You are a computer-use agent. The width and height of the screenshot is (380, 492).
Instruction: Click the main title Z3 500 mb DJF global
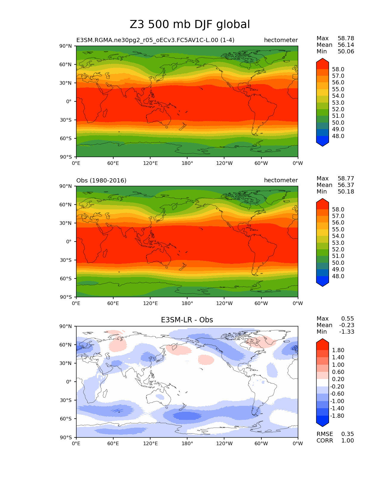pos(190,24)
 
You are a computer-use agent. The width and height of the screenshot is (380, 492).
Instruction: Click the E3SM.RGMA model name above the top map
pos(155,40)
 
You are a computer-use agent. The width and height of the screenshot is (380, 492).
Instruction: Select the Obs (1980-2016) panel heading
pos(101,180)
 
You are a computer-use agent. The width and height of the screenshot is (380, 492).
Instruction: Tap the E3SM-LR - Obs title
pos(187,320)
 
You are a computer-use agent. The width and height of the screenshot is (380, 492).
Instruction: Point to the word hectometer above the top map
pos(281,40)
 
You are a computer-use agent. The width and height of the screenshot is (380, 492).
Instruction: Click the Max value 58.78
pos(346,38)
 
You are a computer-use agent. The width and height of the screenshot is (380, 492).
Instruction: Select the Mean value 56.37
pos(346,185)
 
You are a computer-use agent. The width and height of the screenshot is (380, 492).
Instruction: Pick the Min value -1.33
pos(347,332)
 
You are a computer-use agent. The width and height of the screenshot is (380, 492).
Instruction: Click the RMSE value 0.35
pos(348,434)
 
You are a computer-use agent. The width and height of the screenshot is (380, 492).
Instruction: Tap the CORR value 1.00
pos(348,441)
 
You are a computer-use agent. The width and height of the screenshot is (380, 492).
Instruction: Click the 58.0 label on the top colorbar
pos(338,69)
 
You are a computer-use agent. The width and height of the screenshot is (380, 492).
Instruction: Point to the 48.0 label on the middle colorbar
pos(338,276)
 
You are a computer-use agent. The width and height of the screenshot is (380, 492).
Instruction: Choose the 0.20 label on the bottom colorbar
pos(338,379)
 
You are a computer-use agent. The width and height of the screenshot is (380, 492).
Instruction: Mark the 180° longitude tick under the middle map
pos(187,304)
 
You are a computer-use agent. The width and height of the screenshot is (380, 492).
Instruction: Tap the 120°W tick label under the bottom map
pos(224,444)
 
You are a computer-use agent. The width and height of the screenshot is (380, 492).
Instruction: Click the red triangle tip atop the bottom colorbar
pos(322,341)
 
